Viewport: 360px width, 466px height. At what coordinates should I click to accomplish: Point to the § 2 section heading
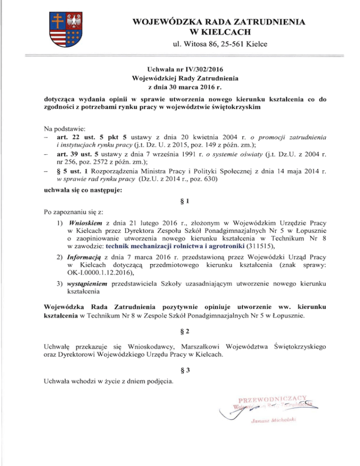click(180, 334)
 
